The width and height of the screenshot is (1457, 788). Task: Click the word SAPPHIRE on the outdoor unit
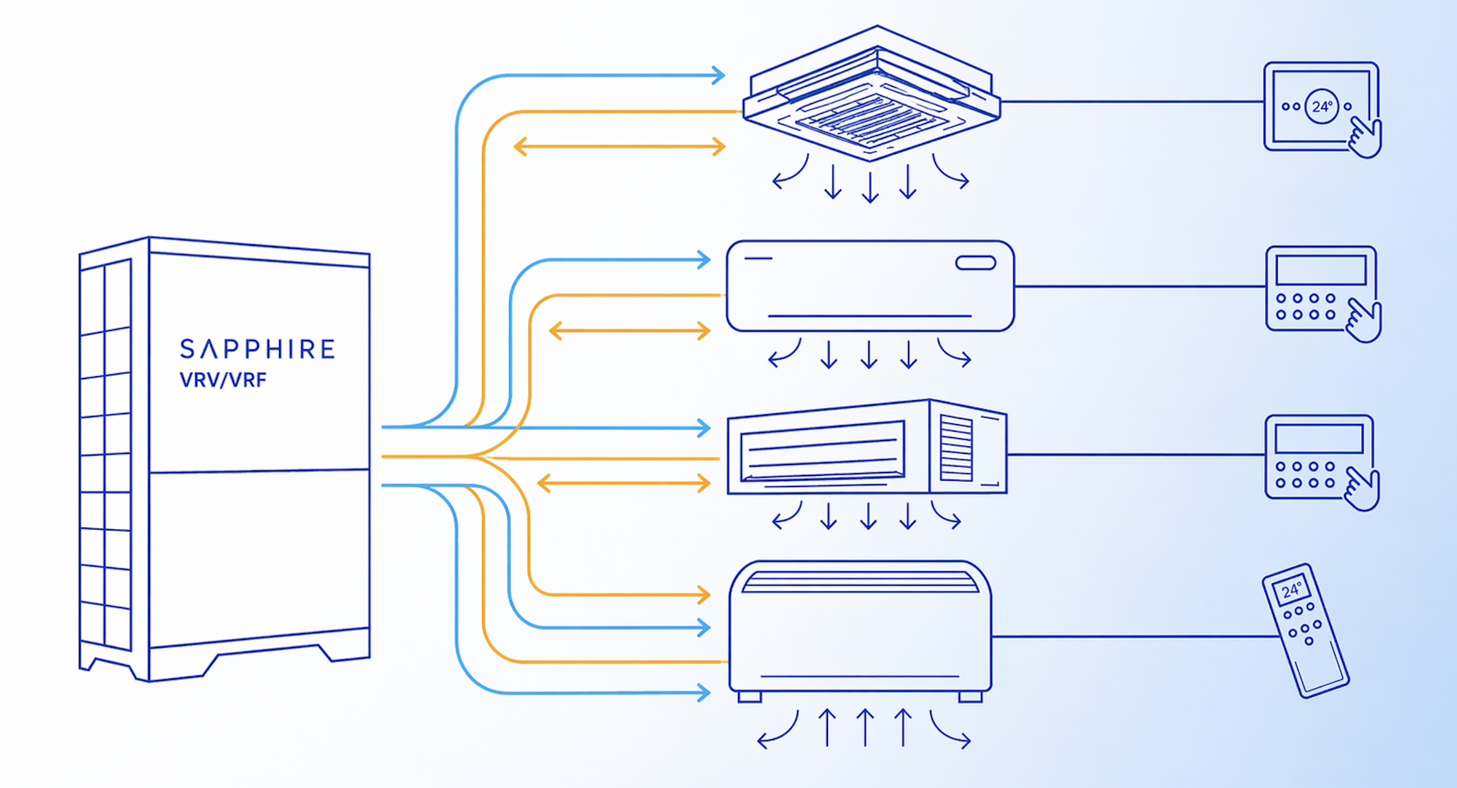pyautogui.click(x=257, y=349)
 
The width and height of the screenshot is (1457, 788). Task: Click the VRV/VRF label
pyautogui.click(x=223, y=380)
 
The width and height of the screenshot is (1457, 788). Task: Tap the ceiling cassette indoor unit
pyautogui.click(x=871, y=93)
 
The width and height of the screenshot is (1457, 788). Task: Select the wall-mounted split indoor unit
pyautogui.click(x=870, y=286)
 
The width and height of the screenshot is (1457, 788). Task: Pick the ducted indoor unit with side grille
pyautogui.click(x=867, y=447)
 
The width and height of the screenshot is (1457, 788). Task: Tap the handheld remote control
pyautogui.click(x=1305, y=631)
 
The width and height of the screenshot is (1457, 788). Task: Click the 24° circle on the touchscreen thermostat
pyautogui.click(x=1322, y=106)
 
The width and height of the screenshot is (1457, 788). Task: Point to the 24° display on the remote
pyautogui.click(x=1291, y=591)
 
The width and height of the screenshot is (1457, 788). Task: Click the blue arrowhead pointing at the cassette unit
pyautogui.click(x=718, y=75)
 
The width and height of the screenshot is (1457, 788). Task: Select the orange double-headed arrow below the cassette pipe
pyautogui.click(x=619, y=147)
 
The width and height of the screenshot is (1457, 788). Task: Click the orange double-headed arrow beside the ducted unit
pyautogui.click(x=624, y=484)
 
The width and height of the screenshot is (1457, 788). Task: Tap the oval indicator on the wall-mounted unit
pyautogui.click(x=976, y=263)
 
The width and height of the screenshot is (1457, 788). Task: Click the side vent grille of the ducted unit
pyautogui.click(x=957, y=448)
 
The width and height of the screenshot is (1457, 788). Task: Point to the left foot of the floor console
pyautogui.click(x=750, y=697)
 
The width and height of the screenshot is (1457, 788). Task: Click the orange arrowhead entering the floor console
pyautogui.click(x=704, y=595)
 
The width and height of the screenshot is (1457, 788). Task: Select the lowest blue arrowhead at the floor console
pyautogui.click(x=704, y=693)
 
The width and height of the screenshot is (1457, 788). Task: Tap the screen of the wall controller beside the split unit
pyautogui.click(x=1321, y=270)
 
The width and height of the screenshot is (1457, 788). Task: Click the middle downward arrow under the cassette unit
pyautogui.click(x=871, y=188)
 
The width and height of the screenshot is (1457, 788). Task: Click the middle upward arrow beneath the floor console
pyautogui.click(x=865, y=727)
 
